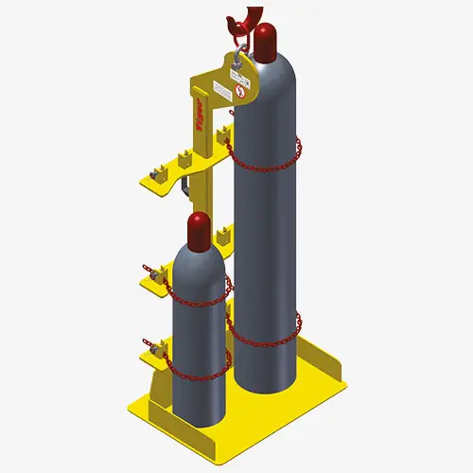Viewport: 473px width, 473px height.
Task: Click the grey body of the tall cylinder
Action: tap(269, 246)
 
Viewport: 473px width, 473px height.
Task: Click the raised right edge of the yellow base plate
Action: tap(317, 364)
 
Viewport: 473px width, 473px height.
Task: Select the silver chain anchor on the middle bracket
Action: tap(151, 275)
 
